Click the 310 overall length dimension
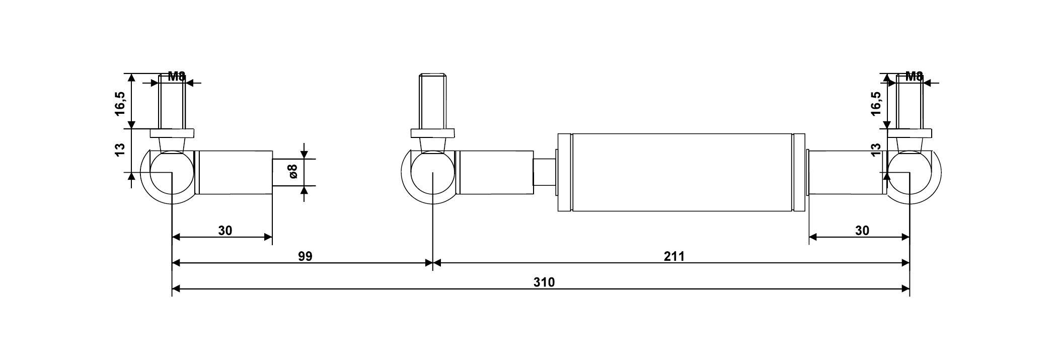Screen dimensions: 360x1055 point(544,282)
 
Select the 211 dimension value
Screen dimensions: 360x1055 point(674,256)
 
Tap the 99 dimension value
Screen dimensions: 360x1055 point(305,256)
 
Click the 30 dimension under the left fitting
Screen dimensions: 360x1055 point(225,231)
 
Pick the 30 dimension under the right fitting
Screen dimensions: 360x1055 point(862,231)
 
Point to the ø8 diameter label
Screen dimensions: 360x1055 point(294,171)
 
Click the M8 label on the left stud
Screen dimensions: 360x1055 point(176,77)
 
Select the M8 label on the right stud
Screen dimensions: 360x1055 point(914,77)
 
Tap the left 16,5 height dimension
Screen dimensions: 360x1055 point(120,103)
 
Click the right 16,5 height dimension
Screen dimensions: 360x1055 point(876,103)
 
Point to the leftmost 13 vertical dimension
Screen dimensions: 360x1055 point(120,150)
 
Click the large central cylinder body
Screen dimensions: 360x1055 point(682,172)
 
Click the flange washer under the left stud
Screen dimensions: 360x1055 point(172,133)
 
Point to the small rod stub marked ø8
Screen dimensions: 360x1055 point(287,173)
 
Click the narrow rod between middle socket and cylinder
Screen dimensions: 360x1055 point(544,172)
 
